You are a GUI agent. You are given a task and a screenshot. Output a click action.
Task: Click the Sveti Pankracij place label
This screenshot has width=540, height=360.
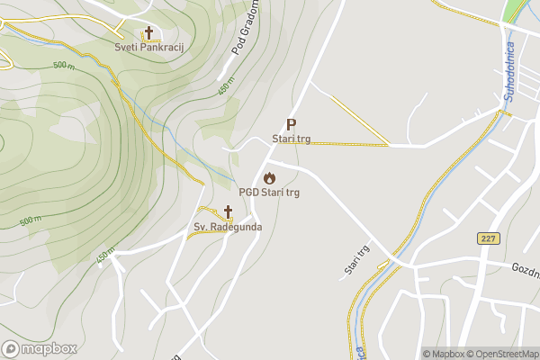pos(148,47)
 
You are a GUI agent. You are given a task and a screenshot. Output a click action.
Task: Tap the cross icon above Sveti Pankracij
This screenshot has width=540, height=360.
pos(148,31)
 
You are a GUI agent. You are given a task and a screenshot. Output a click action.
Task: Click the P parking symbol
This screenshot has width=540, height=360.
pos(290,124)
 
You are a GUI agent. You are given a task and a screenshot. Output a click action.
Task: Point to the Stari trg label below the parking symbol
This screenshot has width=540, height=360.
pos(291,139)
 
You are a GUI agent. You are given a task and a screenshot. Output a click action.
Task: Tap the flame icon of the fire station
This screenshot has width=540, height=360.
pos(269,177)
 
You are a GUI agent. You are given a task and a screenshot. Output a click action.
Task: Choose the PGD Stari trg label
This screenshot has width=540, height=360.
pos(269,192)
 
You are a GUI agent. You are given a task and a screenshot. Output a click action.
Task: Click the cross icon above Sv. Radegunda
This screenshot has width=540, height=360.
pos(228,212)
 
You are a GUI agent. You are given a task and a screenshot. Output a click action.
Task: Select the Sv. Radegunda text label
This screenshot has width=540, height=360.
pos(228,227)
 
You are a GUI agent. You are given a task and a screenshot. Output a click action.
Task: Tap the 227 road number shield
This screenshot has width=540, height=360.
pos(489,238)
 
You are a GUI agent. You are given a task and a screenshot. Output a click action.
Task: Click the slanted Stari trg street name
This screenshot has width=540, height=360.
pos(357,261)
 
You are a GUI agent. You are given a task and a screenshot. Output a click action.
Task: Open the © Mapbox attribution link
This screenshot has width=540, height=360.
pos(444,354)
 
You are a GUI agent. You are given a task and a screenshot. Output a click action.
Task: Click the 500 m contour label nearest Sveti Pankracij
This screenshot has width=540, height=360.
pos(63,66)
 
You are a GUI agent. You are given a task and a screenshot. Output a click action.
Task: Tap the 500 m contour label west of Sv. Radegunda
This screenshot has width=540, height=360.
pos(30,220)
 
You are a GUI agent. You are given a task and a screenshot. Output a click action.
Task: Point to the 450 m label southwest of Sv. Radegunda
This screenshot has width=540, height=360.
pos(106,257)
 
